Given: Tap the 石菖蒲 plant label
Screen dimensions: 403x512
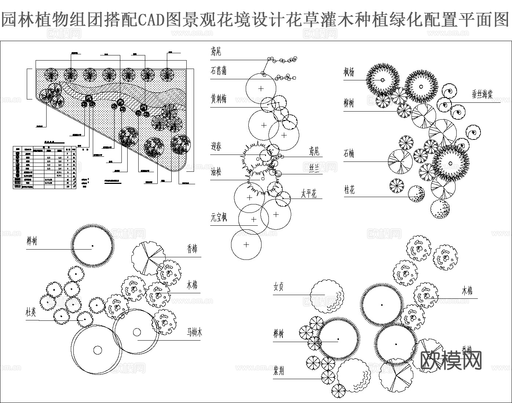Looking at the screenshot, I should pos(218,70).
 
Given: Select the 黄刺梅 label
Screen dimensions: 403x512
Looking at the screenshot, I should pos(219,99).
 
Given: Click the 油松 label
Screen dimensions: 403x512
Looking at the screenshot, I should pos(216,171).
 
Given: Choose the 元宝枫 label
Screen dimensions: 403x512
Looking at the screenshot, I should pos(219,217).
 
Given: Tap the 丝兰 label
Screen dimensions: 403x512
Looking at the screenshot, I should pos(314,168).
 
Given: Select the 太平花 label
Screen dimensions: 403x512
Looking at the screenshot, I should pos(309,193).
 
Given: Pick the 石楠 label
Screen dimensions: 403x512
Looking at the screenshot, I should pos(349,153).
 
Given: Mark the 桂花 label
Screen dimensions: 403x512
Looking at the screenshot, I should pos(349,189).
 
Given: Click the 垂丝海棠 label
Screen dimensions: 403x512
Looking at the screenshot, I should pos(482,94).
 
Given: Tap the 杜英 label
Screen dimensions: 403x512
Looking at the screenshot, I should pos(31,312).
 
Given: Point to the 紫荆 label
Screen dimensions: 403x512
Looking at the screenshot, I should pos(278,371).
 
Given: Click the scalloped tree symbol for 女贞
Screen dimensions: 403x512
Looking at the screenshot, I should pos(326,297).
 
